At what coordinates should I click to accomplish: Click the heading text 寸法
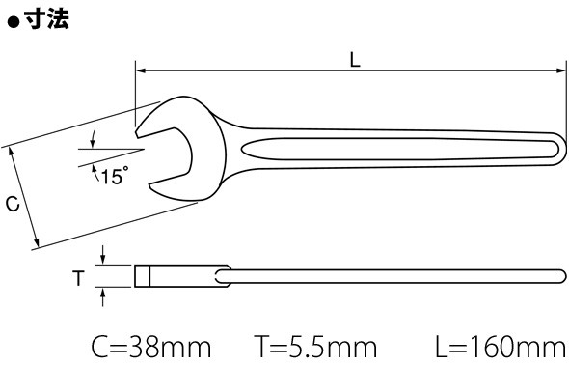click(46, 18)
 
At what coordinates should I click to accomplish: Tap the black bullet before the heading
click(14, 22)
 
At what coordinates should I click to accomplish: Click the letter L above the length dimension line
click(355, 60)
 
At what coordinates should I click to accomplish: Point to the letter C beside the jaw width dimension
click(13, 204)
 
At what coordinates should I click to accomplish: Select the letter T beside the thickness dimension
click(78, 278)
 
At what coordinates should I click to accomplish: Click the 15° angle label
click(115, 176)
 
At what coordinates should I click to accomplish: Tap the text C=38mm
click(151, 348)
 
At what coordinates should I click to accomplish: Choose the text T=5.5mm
click(315, 348)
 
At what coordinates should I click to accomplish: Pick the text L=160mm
click(501, 348)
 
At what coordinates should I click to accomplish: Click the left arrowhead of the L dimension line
click(141, 71)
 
